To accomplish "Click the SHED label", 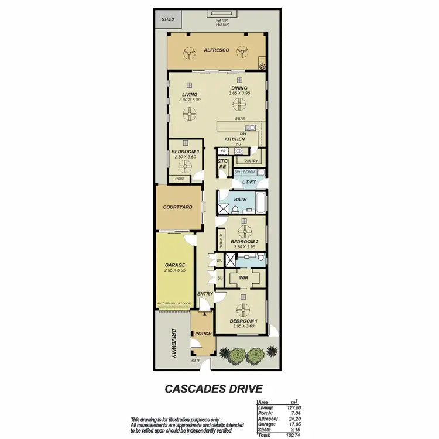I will pyautogui.click(x=168, y=19).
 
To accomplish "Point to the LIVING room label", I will pyautogui.click(x=189, y=94).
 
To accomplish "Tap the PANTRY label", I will pyautogui.click(x=251, y=160).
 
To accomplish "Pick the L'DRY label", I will pyautogui.click(x=250, y=183).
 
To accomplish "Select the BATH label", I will pyautogui.click(x=241, y=200).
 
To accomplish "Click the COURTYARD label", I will pyautogui.click(x=178, y=207).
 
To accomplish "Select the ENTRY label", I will pyautogui.click(x=205, y=294).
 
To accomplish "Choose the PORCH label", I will pyautogui.click(x=203, y=334).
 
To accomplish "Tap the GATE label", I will pyautogui.click(x=196, y=361).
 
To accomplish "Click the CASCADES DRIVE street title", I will pyautogui.click(x=212, y=389).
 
